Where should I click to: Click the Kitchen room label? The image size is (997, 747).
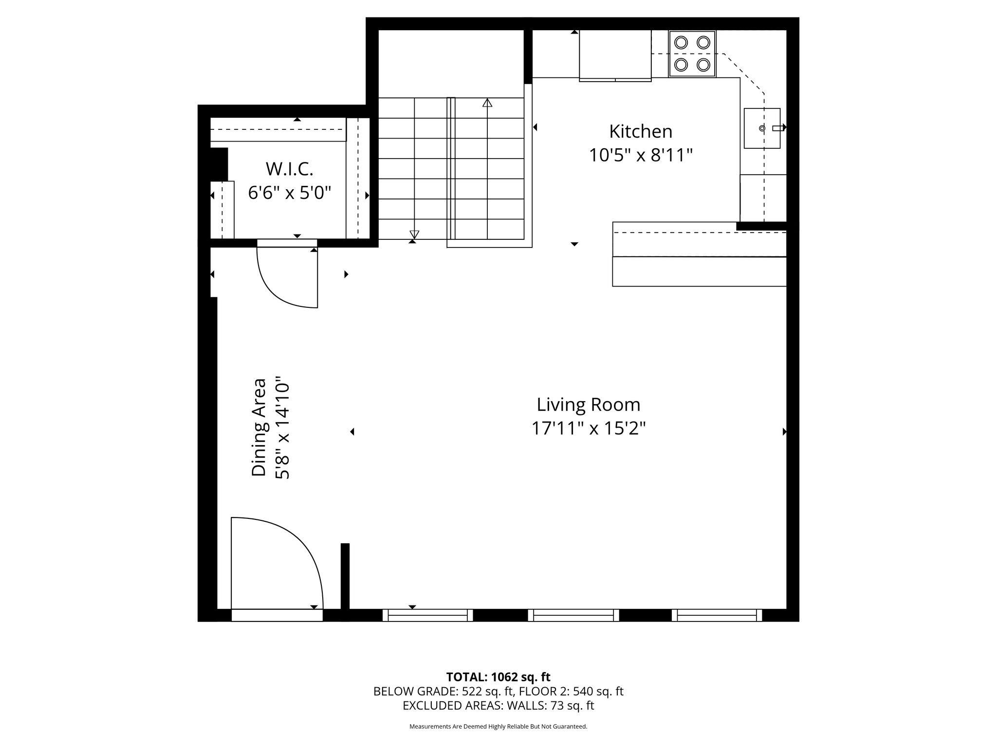(x=641, y=131)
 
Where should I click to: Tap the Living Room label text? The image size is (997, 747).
(x=589, y=405)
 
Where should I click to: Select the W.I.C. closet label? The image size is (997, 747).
(x=289, y=169)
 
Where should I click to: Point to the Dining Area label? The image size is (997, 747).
(x=259, y=427)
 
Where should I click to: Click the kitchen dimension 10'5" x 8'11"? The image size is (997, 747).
(x=641, y=156)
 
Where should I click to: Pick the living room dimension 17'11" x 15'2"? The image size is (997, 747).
(x=589, y=429)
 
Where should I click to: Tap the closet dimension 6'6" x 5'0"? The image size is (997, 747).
(x=289, y=193)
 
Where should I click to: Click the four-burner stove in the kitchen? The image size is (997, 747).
(x=692, y=53)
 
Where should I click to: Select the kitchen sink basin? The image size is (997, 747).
(x=762, y=128)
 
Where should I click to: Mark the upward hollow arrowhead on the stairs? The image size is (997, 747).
(x=487, y=103)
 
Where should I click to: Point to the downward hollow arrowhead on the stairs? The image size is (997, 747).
(x=414, y=234)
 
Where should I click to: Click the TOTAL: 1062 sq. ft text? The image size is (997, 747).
(x=498, y=677)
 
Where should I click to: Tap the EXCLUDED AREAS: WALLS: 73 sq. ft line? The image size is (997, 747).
(x=498, y=706)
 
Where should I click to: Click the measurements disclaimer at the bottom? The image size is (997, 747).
(x=498, y=727)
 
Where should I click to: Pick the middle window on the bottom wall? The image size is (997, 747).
(x=573, y=616)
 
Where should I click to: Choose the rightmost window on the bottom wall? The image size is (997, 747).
(x=717, y=616)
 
